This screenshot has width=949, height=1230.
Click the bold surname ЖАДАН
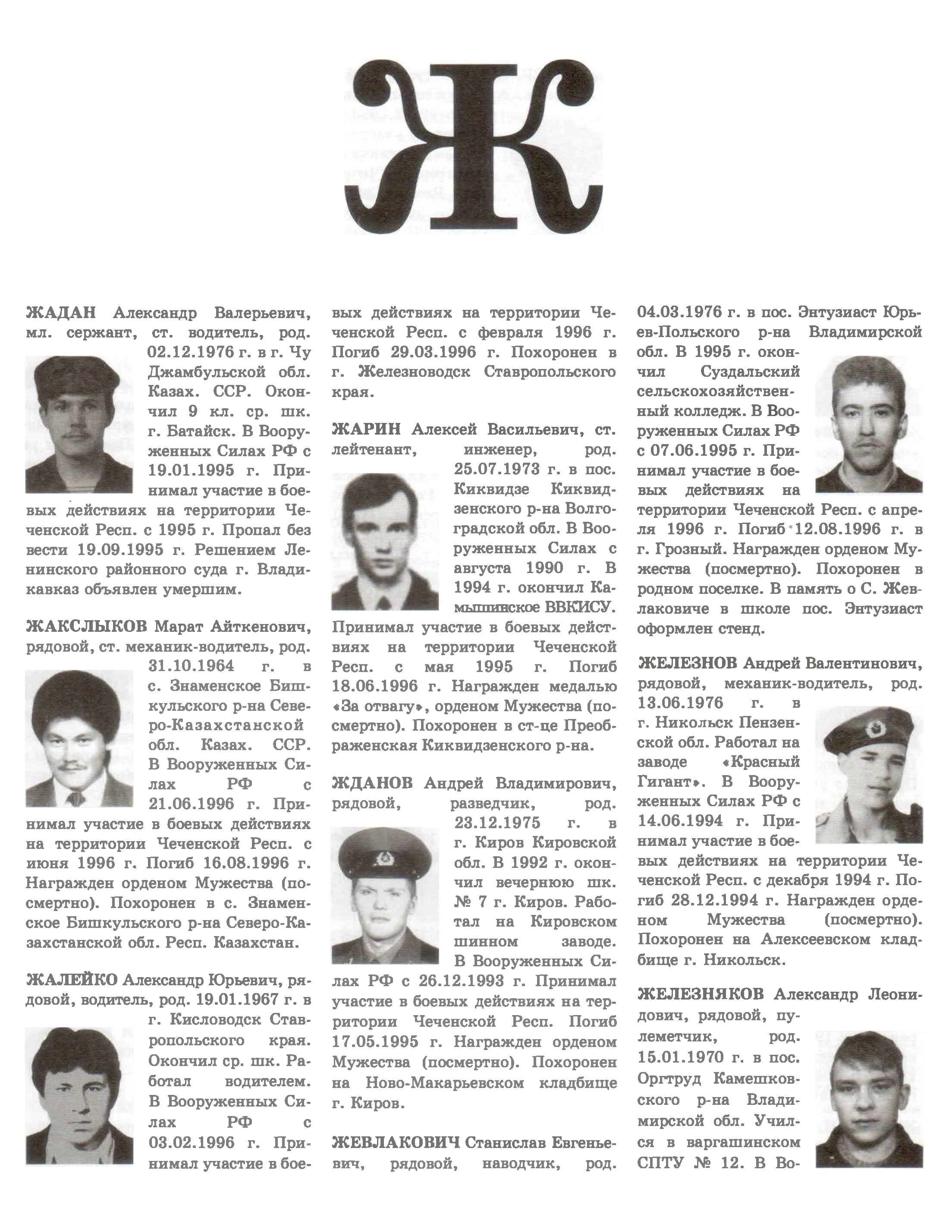(61, 312)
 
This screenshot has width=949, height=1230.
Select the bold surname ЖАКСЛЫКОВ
(85, 626)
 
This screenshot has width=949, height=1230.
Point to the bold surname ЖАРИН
(366, 430)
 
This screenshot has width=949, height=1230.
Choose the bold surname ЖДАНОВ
(372, 783)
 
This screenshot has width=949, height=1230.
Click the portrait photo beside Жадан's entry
(79, 424)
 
